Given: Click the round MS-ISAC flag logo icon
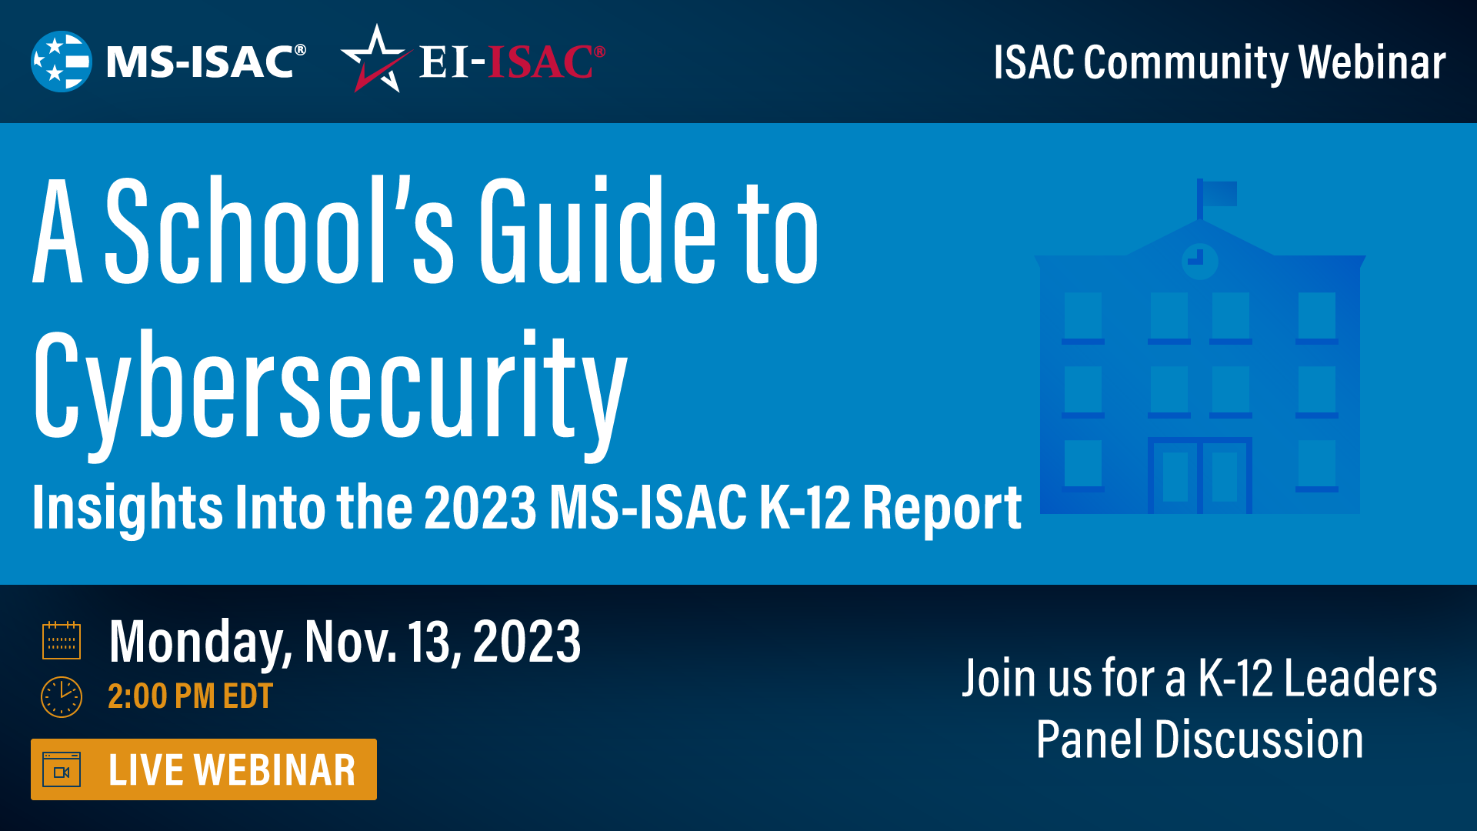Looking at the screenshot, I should click(x=61, y=62).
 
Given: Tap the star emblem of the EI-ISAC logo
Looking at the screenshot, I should click(x=375, y=60).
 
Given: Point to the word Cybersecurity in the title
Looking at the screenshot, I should click(x=331, y=385).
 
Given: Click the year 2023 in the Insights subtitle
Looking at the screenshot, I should click(x=480, y=508).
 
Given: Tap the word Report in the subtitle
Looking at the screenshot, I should click(x=942, y=508).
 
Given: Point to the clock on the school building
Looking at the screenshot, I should click(x=1199, y=260).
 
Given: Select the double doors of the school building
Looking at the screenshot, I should click(x=1199, y=476).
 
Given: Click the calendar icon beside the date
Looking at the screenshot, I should click(x=62, y=640).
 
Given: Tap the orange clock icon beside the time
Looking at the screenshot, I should click(x=62, y=697).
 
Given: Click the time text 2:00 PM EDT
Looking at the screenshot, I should click(x=190, y=697).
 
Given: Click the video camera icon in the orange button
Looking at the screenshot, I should click(x=62, y=770).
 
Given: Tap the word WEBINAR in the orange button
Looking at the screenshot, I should click(x=275, y=770).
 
